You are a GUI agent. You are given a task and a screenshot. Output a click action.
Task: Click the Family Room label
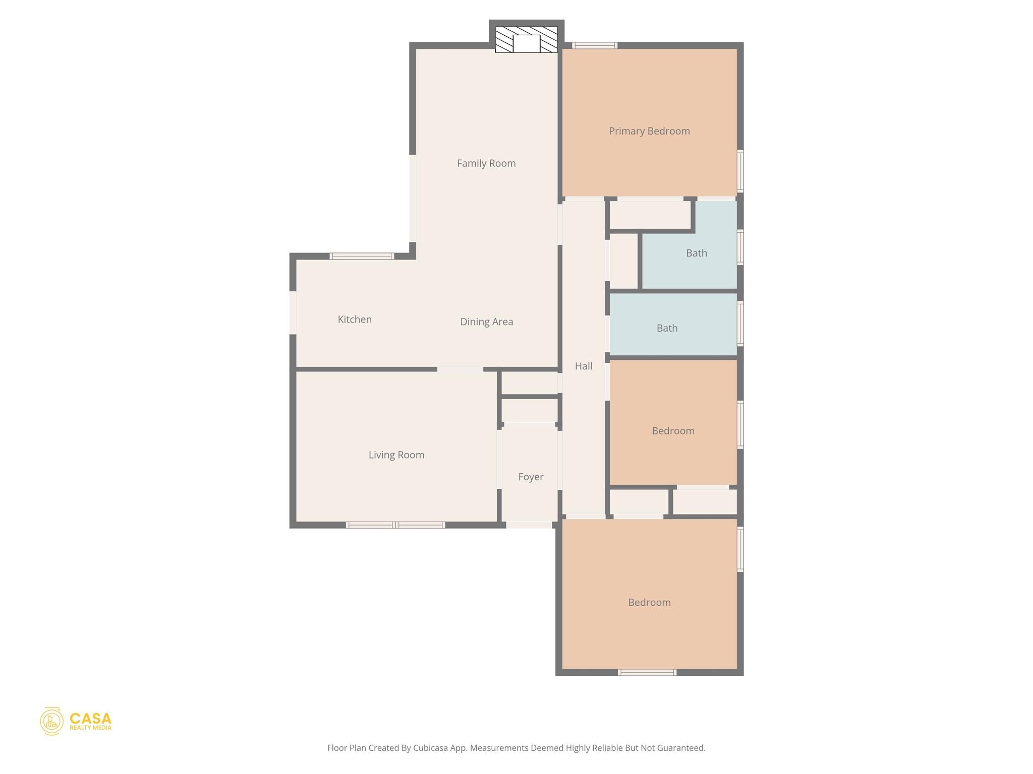coord(486,163)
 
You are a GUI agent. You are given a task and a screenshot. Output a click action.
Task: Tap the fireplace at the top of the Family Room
coord(526,40)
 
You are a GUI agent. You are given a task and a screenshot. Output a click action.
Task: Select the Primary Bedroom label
coord(649,131)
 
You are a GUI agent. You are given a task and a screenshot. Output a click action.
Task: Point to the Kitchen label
coord(355,319)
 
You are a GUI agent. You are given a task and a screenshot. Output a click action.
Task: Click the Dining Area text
coord(486,321)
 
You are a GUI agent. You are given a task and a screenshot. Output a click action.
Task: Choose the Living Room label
coord(396,455)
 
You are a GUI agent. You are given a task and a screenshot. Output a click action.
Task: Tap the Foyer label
coord(531,477)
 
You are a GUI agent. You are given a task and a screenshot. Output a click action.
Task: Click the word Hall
coord(584,366)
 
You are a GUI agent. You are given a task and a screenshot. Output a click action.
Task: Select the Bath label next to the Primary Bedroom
coord(696,253)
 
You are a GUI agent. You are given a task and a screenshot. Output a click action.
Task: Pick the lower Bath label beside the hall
coord(667,329)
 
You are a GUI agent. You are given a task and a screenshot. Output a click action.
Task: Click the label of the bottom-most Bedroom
coord(649,603)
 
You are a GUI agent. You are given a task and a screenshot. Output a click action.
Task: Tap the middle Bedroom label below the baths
coord(673,431)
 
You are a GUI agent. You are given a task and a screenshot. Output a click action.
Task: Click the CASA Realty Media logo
coord(76,721)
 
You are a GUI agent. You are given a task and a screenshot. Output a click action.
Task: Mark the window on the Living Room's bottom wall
coord(395,525)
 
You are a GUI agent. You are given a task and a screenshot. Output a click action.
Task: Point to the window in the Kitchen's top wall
coord(362,256)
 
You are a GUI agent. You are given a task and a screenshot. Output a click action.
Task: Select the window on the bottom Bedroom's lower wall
coord(647,672)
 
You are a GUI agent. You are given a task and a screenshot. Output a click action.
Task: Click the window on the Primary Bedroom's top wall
coord(595,45)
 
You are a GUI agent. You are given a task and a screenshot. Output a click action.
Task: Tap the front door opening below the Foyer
coord(529,525)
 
